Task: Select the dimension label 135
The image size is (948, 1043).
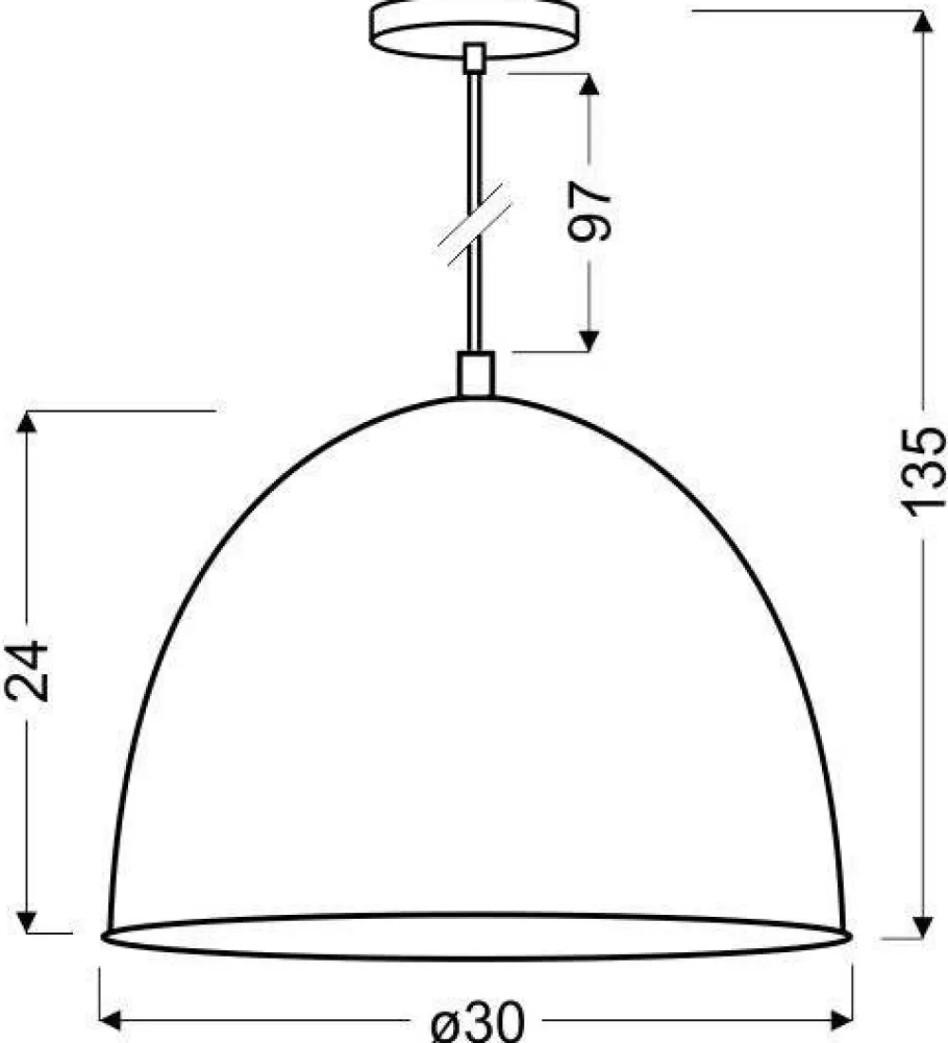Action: pyautogui.click(x=922, y=471)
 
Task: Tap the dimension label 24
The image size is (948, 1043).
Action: pyautogui.click(x=27, y=671)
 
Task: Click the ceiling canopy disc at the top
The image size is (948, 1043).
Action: pyautogui.click(x=474, y=30)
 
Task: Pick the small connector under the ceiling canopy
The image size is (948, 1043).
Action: pyautogui.click(x=475, y=58)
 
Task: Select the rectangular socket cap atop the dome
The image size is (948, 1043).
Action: pyautogui.click(x=476, y=375)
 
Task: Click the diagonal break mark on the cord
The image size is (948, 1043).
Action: pyautogui.click(x=474, y=224)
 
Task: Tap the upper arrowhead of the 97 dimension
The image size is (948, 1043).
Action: pyautogui.click(x=588, y=84)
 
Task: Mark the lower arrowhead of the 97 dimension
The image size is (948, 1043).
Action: pyautogui.click(x=588, y=340)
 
